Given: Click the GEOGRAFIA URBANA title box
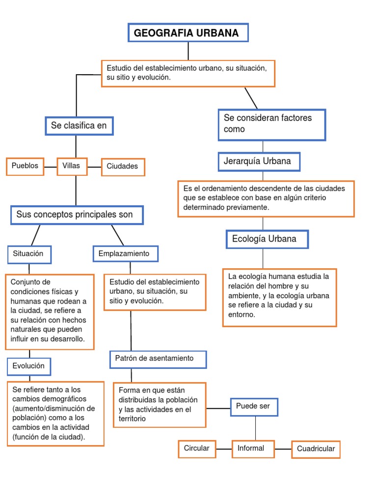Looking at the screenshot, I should (x=188, y=33).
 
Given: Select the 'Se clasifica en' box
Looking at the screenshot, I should (x=79, y=126).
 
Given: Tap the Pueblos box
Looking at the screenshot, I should (x=25, y=166).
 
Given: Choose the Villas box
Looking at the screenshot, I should (x=72, y=166).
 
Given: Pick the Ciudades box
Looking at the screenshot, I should (x=123, y=167).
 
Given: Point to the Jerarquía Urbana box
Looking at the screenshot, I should (x=259, y=161).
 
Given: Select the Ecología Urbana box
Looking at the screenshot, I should (x=267, y=239).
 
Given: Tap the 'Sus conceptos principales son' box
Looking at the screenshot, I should (x=77, y=215).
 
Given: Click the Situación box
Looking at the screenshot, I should (x=29, y=254).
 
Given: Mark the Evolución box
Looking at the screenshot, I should (x=29, y=366).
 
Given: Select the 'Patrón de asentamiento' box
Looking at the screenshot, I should (x=158, y=359).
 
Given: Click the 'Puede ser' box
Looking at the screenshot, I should (x=254, y=407).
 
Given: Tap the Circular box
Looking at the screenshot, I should (x=197, y=448).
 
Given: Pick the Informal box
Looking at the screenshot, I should (x=253, y=448).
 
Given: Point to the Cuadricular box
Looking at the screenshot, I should (x=316, y=449).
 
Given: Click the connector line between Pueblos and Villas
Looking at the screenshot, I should (x=51, y=167).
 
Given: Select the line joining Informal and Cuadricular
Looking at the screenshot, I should (x=283, y=449).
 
